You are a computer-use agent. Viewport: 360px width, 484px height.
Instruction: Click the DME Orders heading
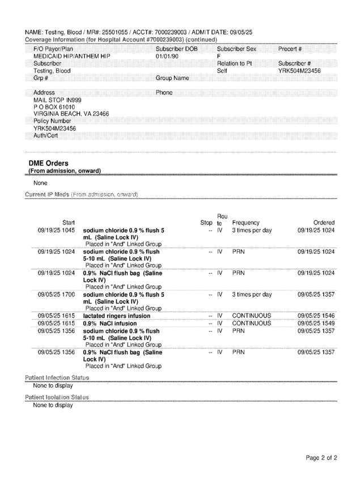pyautogui.click(x=49, y=163)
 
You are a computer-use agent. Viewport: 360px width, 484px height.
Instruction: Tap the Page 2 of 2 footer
pyautogui.click(x=321, y=458)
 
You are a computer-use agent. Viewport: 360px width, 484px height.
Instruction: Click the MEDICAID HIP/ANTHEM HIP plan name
pyautogui.click(x=72, y=57)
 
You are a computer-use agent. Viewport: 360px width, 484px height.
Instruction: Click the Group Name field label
pyautogui.click(x=172, y=78)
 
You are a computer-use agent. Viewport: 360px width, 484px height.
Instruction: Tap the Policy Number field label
pyautogui.click(x=52, y=121)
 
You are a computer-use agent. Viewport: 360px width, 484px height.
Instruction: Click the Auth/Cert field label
pyautogui.click(x=45, y=135)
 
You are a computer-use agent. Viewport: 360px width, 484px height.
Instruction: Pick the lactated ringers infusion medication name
pyautogui.click(x=117, y=316)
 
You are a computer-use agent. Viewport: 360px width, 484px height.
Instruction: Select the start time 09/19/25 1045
pyautogui.click(x=57, y=231)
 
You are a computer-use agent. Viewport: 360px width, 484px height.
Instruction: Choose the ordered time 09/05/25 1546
pyautogui.click(x=316, y=316)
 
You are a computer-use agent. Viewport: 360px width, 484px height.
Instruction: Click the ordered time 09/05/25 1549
pyautogui.click(x=316, y=323)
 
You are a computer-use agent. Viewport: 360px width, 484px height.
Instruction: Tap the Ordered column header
pyautogui.click(x=324, y=223)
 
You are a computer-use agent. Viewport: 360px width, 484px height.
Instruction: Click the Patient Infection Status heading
pyautogui.click(x=57, y=377)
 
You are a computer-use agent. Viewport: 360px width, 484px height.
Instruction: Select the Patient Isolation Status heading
pyautogui.click(x=57, y=397)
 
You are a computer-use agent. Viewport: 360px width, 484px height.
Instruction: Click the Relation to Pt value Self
pyautogui.click(x=222, y=71)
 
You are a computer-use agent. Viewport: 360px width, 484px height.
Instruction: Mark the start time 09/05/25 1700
pyautogui.click(x=57, y=295)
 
